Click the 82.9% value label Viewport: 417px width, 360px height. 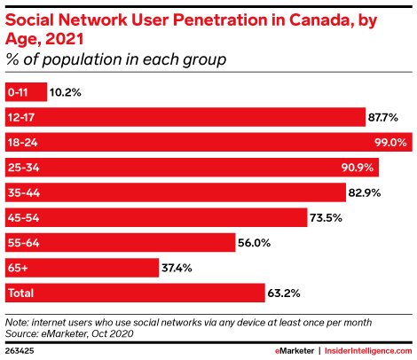(x=366, y=192)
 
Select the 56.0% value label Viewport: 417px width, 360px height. (x=255, y=242)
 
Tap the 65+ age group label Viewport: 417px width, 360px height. (x=18, y=267)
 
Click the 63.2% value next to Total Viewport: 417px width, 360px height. (x=285, y=292)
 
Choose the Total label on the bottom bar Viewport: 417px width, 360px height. (x=20, y=292)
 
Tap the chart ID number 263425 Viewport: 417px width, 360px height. (x=20, y=350)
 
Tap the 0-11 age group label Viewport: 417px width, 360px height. (x=18, y=91)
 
